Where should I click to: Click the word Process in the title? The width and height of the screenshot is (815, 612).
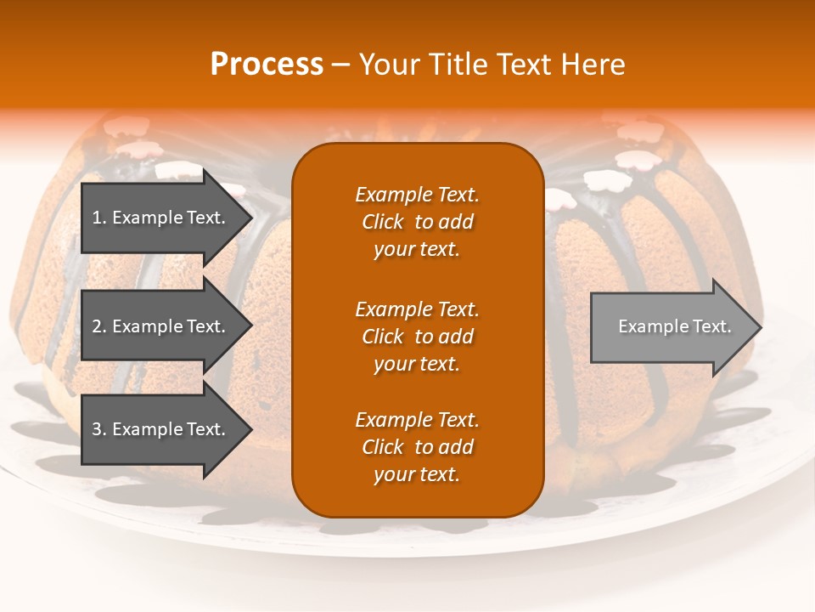click(x=267, y=65)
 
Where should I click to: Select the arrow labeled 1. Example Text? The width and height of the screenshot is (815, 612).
click(x=159, y=218)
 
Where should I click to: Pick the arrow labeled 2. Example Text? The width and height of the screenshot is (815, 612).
click(x=159, y=326)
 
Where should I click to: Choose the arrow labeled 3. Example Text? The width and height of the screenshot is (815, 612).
click(x=159, y=429)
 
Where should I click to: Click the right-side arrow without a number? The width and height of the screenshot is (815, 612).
click(x=674, y=326)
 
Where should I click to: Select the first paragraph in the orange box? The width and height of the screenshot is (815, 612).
click(x=417, y=222)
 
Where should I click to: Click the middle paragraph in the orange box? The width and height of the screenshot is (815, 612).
click(x=417, y=337)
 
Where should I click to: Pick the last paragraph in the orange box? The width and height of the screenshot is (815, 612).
click(x=417, y=447)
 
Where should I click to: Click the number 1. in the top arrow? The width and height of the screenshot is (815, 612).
click(x=99, y=218)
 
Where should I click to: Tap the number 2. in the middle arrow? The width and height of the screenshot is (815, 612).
click(x=99, y=326)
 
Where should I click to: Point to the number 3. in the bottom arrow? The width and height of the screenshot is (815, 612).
click(x=99, y=429)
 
